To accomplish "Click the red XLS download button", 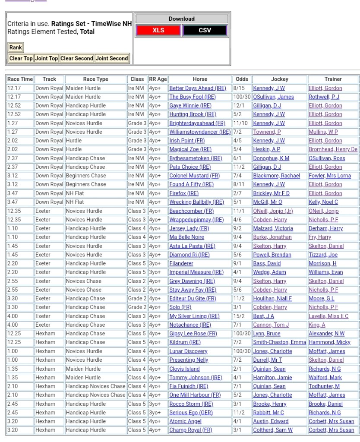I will (158, 30).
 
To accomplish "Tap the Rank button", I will (16, 48).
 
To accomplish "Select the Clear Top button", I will (21, 58).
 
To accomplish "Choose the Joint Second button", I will (112, 58).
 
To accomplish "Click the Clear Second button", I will (76, 58).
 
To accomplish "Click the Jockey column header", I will (279, 79).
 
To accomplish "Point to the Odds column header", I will (242, 79).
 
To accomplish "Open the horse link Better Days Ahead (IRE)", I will (197, 88).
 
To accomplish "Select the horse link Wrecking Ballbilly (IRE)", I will (196, 202).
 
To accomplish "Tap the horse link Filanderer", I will (181, 263).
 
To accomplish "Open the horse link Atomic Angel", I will (185, 421).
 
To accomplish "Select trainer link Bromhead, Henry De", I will (333, 149).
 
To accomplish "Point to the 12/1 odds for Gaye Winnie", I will (238, 106).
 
